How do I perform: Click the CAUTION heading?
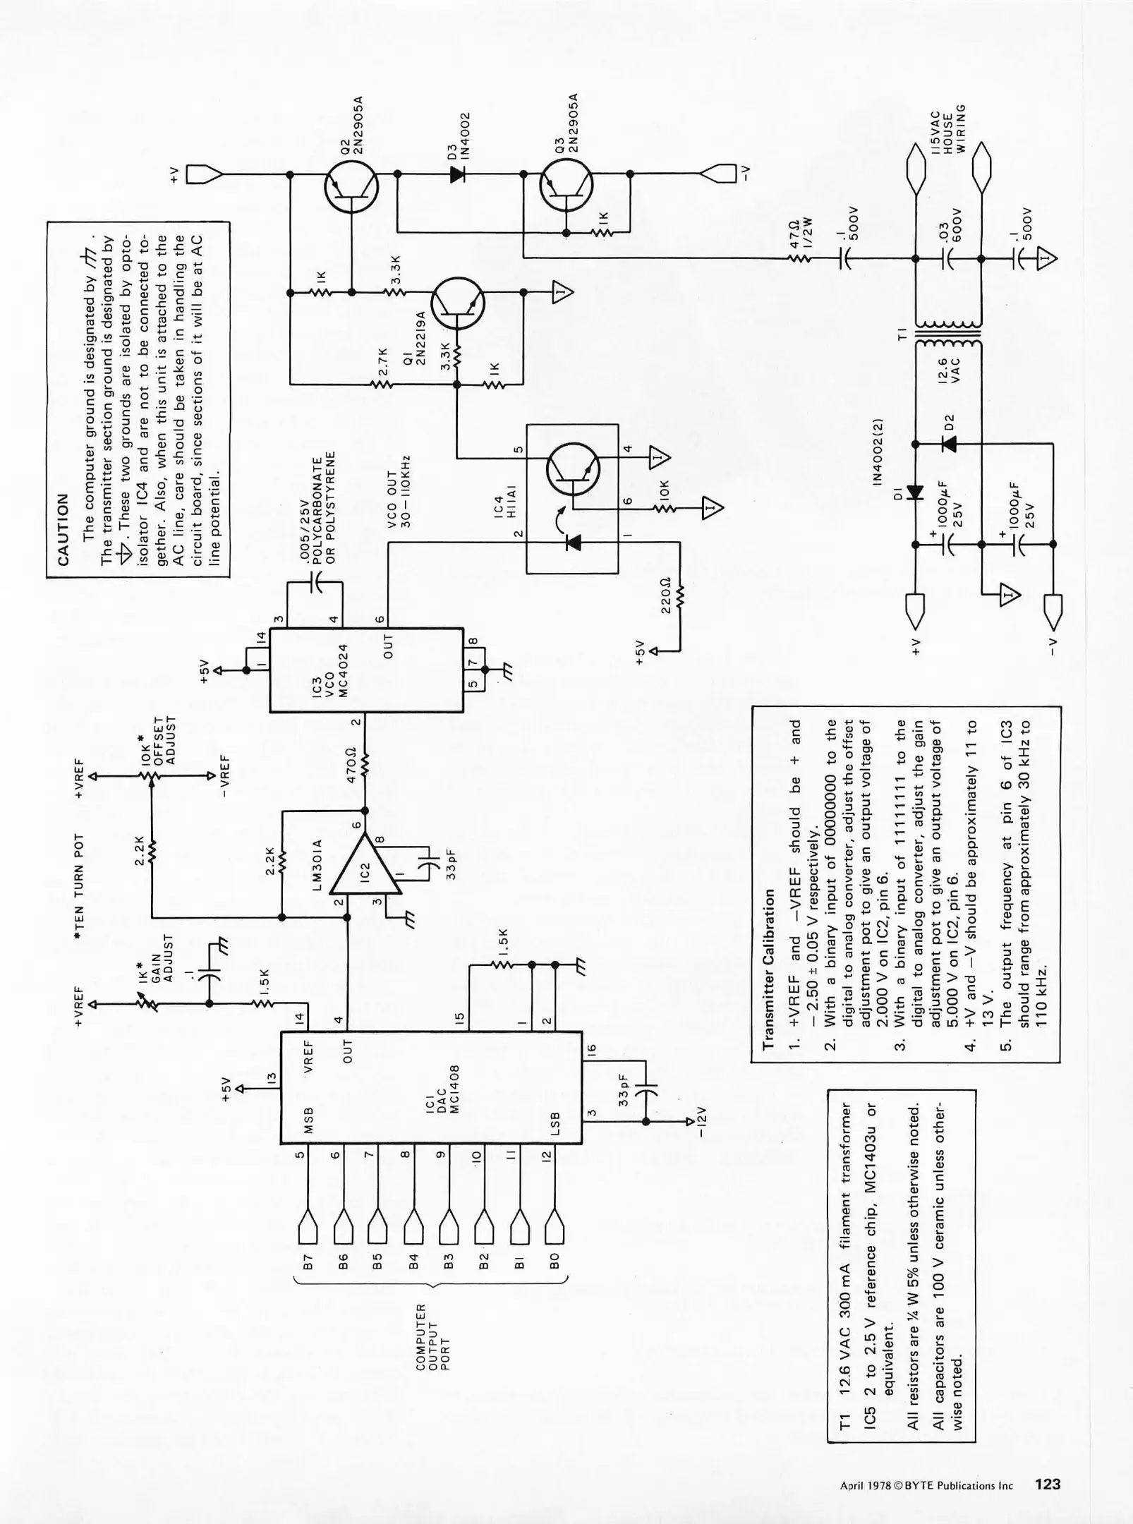tap(63, 529)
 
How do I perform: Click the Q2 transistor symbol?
tap(351, 187)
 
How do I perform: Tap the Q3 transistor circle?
tap(566, 186)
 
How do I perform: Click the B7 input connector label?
tap(308, 1262)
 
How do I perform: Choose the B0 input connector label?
tap(555, 1262)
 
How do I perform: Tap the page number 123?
tap(1048, 1484)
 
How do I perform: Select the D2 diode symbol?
tap(949, 443)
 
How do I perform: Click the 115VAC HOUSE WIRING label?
tap(947, 133)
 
